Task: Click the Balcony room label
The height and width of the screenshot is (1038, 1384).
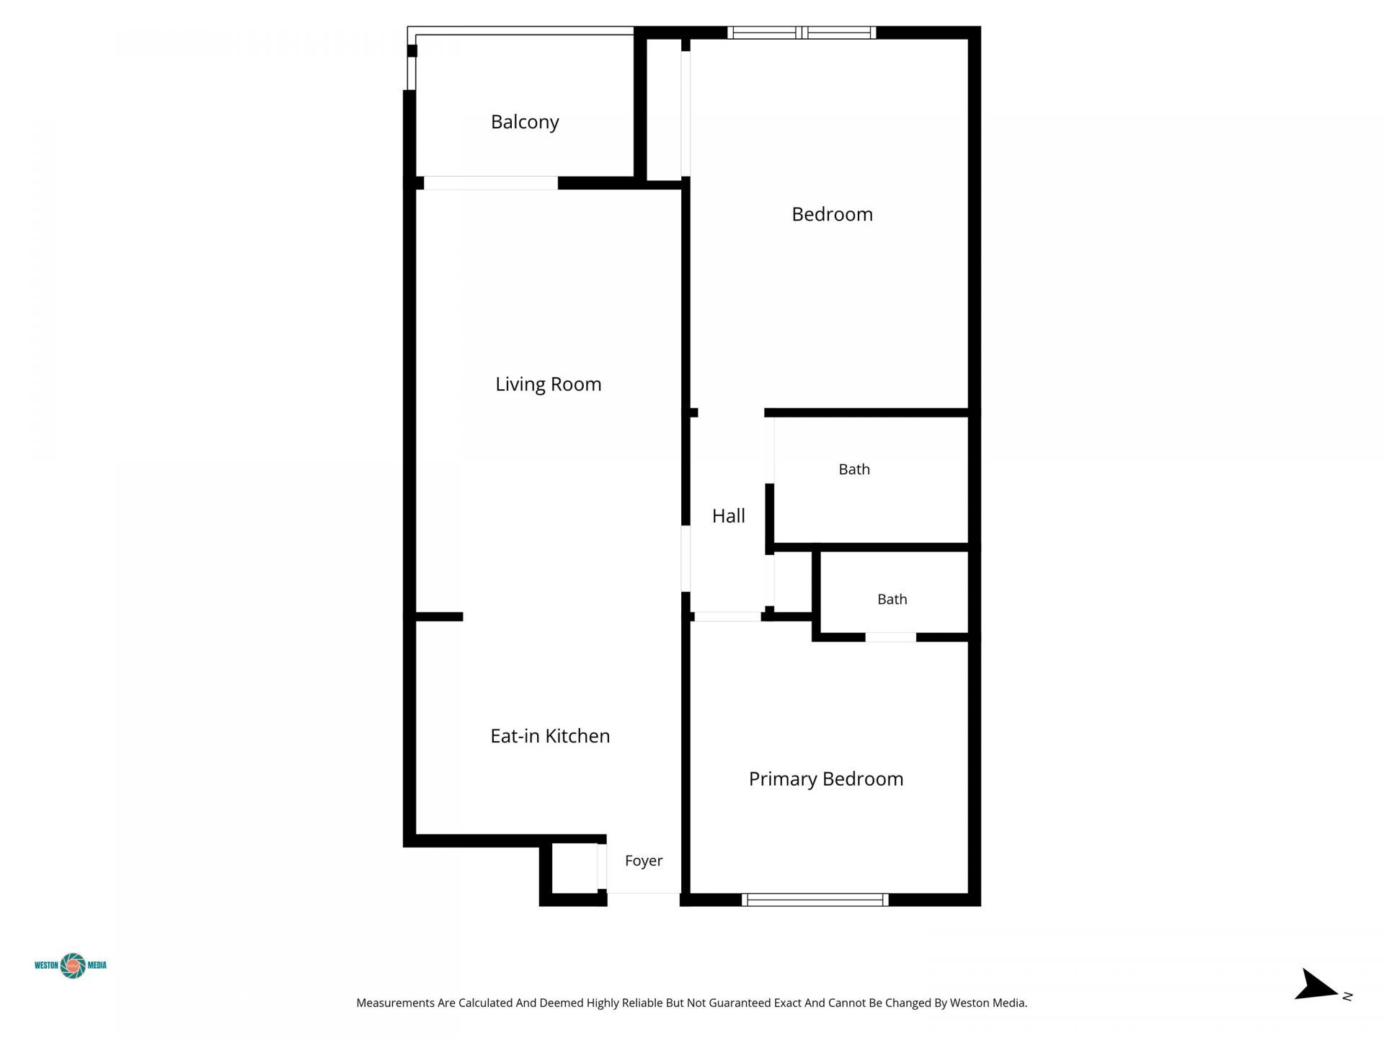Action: (x=525, y=122)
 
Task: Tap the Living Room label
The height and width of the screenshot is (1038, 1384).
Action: (x=549, y=384)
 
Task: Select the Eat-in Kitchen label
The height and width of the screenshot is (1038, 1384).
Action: (x=550, y=736)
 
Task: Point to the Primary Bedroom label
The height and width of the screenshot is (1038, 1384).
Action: (x=826, y=779)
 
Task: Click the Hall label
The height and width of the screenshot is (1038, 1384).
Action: (x=729, y=516)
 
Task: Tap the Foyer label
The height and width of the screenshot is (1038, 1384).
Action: (x=644, y=861)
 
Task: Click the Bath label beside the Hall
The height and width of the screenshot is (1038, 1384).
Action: (x=854, y=469)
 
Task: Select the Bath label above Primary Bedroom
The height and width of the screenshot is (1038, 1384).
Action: (x=892, y=599)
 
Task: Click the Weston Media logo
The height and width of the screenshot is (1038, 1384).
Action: (x=71, y=965)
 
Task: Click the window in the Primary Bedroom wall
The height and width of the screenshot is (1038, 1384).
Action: (x=815, y=900)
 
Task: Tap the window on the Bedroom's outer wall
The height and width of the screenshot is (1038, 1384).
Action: (x=802, y=32)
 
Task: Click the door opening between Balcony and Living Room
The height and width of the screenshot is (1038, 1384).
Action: (x=491, y=183)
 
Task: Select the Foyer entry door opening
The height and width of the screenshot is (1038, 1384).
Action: (x=644, y=899)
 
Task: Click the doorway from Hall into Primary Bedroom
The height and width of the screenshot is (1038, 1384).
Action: (x=727, y=617)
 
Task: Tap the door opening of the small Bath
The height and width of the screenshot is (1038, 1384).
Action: (x=890, y=637)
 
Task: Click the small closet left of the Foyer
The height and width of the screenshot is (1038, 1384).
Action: (x=575, y=868)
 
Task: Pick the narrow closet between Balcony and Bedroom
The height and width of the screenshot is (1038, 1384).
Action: (x=664, y=109)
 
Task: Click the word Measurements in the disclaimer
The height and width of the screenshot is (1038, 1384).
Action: (x=396, y=1003)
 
